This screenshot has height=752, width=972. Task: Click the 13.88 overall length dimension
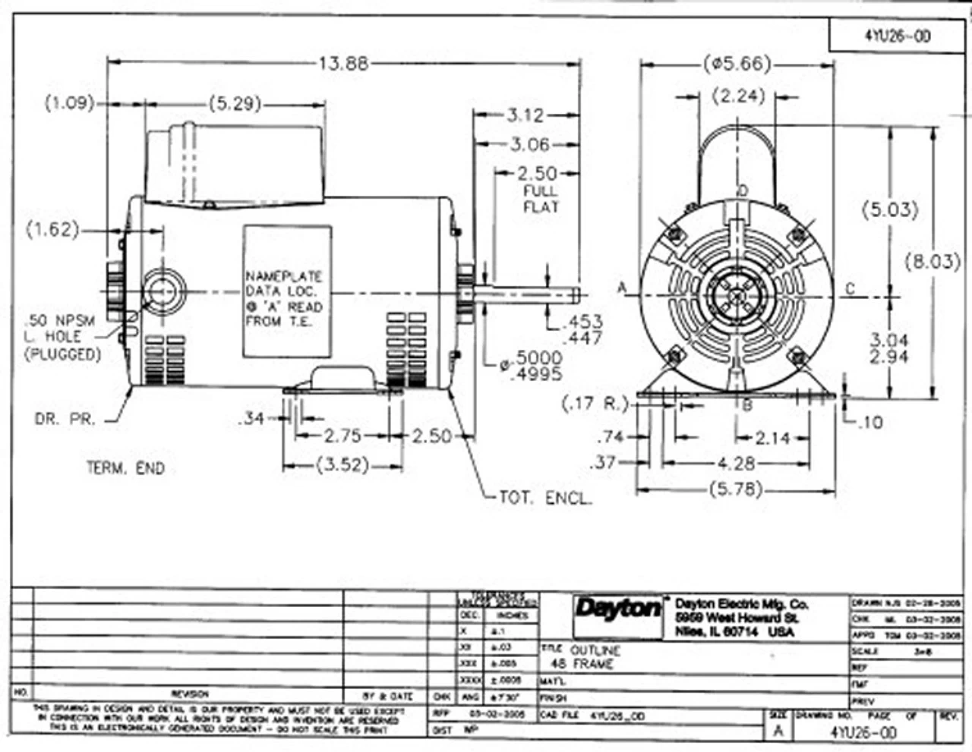point(343,64)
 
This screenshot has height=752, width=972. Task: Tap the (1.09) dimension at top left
point(70,102)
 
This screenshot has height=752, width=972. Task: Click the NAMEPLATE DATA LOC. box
point(286,291)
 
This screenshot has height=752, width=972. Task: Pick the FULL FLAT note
point(541,199)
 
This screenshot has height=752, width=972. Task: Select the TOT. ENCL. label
point(544,498)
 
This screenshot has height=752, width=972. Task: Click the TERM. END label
point(125,468)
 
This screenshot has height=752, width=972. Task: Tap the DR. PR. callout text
point(65,419)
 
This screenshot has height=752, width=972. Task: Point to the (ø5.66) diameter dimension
point(737,64)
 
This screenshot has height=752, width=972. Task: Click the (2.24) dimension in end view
point(739,96)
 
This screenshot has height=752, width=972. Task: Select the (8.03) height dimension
point(933,262)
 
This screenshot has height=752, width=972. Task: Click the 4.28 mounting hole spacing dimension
point(736,462)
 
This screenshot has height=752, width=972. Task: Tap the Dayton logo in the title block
point(618,608)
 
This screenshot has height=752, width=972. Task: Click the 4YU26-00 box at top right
point(897,36)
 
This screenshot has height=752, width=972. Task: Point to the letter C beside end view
point(850,288)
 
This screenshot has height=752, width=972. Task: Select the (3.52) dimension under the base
point(342,464)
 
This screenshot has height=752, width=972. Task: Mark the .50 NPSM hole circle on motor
point(162,291)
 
